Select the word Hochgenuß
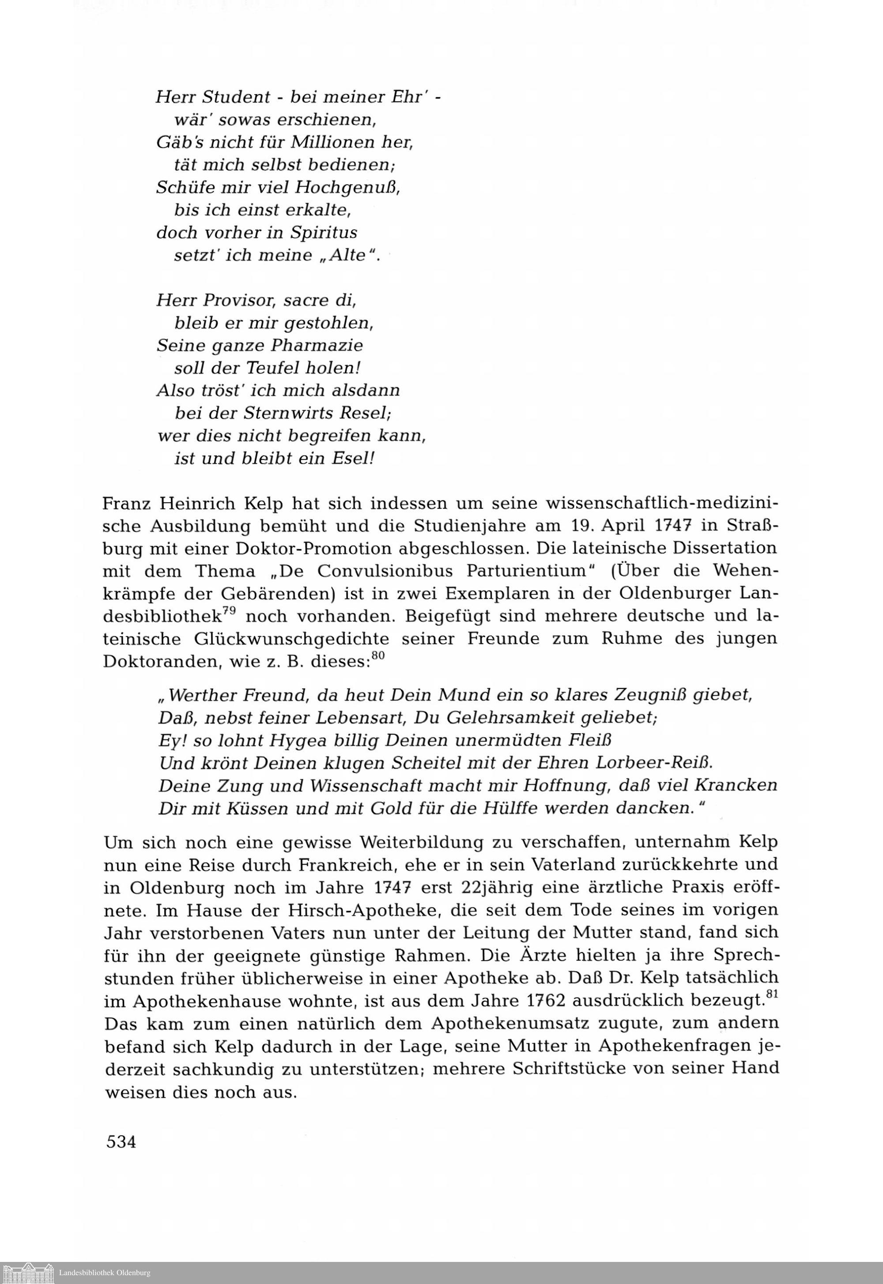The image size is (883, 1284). tap(347, 188)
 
